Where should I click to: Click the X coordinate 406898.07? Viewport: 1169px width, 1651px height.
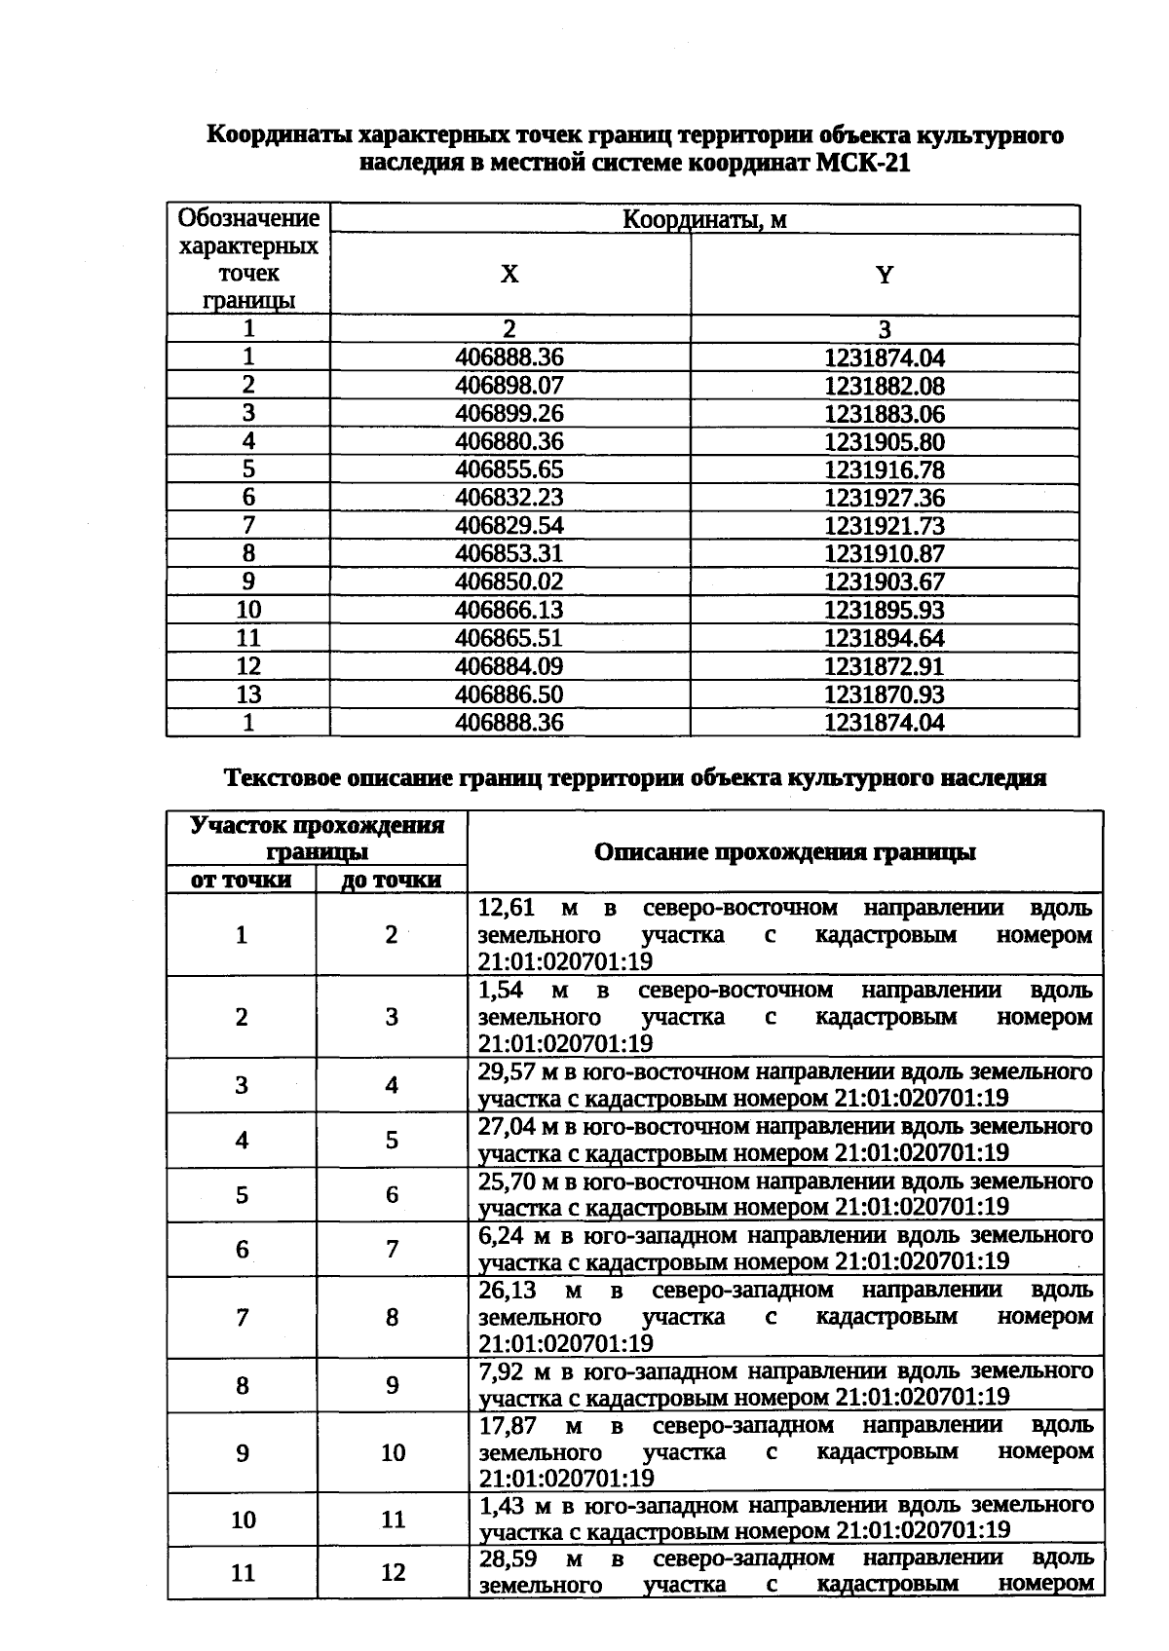tap(509, 386)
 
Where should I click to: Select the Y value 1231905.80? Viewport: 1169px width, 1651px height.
tap(885, 442)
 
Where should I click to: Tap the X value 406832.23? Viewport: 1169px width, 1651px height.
tap(509, 499)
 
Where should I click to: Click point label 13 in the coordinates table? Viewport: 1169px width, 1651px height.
tap(248, 694)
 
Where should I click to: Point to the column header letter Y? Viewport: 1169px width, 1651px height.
tap(885, 276)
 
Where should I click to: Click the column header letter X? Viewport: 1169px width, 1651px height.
tap(509, 276)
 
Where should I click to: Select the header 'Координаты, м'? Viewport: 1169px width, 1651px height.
tap(704, 220)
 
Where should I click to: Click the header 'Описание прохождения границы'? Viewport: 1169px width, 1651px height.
tap(785, 853)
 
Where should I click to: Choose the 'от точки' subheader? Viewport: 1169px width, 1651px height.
tap(241, 881)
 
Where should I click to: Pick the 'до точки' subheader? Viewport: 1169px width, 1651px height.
tap(392, 881)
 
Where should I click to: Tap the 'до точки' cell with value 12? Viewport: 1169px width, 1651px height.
tap(393, 1572)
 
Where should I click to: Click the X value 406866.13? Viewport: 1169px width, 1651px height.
tap(509, 611)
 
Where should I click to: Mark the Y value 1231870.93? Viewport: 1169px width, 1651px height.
tap(885, 695)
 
